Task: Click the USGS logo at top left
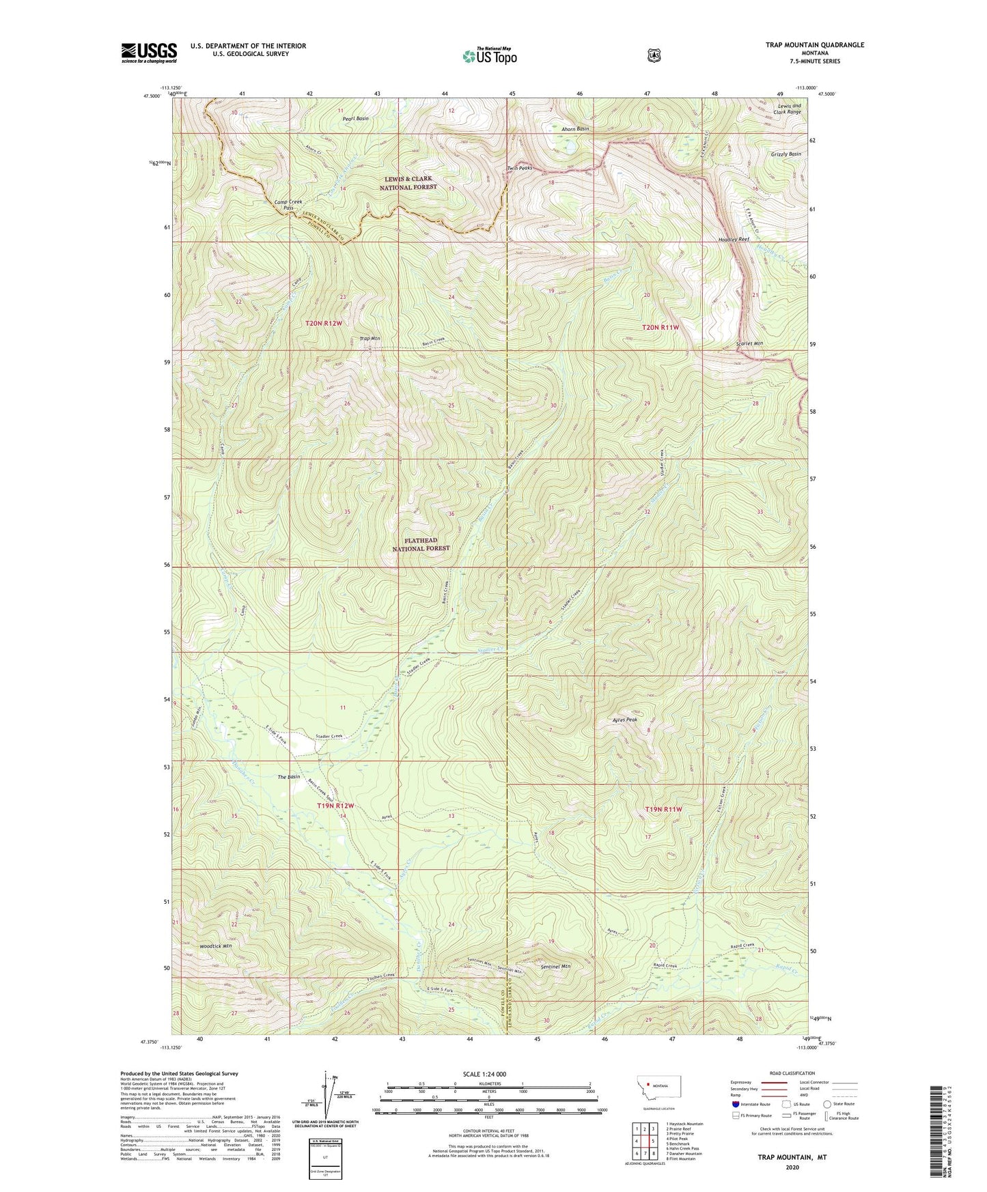[x=149, y=53]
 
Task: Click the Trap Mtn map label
[x=370, y=339]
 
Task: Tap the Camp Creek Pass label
[x=288, y=205]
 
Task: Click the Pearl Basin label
[x=356, y=118]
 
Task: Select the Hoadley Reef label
[x=734, y=240]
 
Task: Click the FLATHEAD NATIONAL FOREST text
[x=421, y=544]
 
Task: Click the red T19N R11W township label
[x=663, y=809]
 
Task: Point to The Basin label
[x=288, y=777]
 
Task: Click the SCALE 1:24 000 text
[x=484, y=1074]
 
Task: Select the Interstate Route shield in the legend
[x=735, y=1104]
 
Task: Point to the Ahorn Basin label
[x=574, y=129]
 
